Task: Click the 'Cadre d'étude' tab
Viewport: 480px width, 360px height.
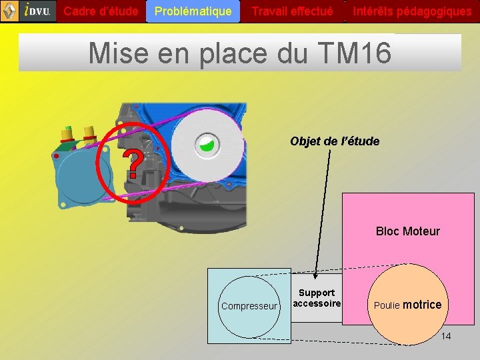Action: pyautogui.click(x=101, y=11)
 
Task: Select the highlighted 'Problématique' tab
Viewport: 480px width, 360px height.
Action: pyautogui.click(x=193, y=11)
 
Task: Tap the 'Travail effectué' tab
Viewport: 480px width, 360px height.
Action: pyautogui.click(x=292, y=11)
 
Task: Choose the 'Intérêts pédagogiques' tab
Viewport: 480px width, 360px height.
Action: pyautogui.click(x=412, y=11)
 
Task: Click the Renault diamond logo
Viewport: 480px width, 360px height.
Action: pyautogui.click(x=9, y=11)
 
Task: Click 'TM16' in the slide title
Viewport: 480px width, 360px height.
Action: pyautogui.click(x=355, y=53)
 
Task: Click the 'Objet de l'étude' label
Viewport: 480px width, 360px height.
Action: pyautogui.click(x=335, y=141)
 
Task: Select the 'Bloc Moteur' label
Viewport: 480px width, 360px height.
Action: pyautogui.click(x=407, y=231)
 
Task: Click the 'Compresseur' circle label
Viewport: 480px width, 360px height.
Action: pyautogui.click(x=249, y=306)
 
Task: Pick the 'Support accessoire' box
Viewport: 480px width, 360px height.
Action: pyautogui.click(x=317, y=298)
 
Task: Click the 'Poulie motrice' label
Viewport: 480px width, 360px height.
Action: pyautogui.click(x=407, y=305)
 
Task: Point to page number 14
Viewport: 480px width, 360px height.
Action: pyautogui.click(x=445, y=336)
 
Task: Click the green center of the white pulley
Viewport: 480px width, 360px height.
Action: pyautogui.click(x=207, y=143)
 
